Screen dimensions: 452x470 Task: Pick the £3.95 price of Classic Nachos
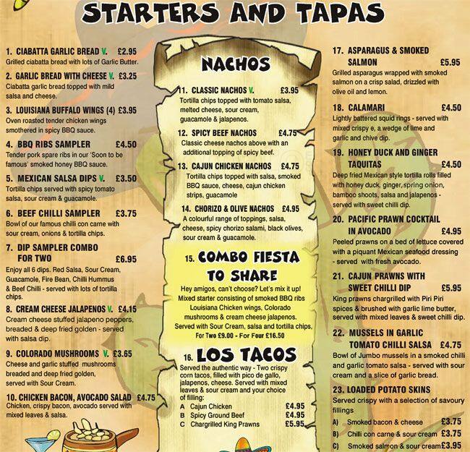(x=289, y=90)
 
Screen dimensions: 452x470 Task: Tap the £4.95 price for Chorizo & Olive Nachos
(x=290, y=209)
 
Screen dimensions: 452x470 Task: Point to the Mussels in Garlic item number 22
(x=338, y=333)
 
